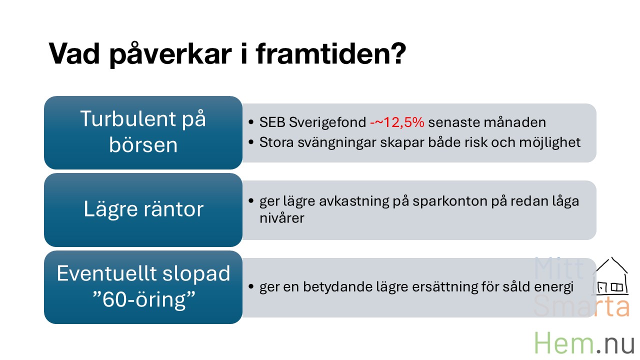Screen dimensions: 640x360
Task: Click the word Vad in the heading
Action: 74,53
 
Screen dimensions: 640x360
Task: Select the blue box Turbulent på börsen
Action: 143,132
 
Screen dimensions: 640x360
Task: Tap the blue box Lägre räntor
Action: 143,210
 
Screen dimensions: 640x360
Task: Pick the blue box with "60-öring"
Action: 143,287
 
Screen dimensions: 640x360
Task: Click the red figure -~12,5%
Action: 397,122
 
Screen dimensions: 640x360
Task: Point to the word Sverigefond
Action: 327,123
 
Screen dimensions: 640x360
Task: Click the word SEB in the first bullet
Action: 272,122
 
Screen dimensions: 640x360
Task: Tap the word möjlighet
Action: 550,143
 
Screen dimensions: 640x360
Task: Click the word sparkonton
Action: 450,201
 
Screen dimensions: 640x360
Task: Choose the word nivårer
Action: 281,218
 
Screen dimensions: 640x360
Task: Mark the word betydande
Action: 337,287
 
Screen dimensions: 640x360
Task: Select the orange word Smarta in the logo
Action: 581,306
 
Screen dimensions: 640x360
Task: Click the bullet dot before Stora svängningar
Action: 251,142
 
